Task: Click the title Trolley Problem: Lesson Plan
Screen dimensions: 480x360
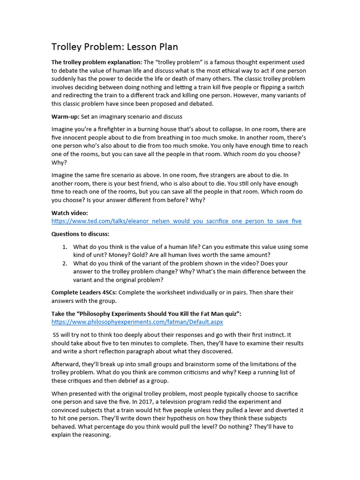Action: (114, 47)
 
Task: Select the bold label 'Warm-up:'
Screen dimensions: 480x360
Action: (65, 116)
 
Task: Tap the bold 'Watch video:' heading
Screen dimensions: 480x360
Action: (69, 213)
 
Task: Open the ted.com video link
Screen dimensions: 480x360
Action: (176, 221)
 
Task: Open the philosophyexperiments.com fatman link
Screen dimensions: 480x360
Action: (137, 322)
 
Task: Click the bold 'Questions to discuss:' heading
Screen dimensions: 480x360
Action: (80, 234)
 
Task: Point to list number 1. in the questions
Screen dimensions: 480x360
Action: (65, 247)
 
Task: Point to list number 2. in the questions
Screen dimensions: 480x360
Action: (65, 263)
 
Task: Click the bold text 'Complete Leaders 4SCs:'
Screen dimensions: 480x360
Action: (86, 292)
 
